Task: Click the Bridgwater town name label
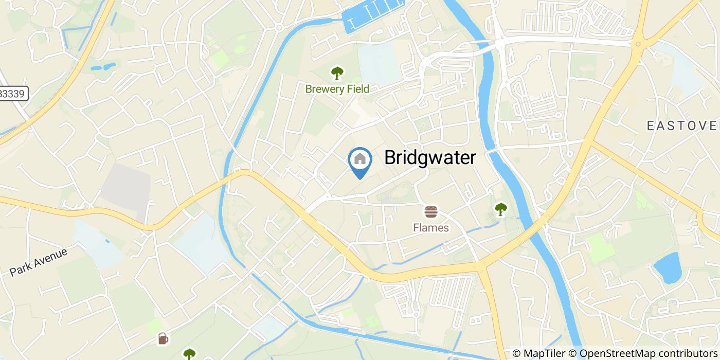430,158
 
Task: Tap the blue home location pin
360,160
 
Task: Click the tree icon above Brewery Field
337,73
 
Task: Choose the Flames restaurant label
431,227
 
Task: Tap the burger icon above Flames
430,211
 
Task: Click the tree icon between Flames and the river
500,208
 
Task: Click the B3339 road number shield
13,94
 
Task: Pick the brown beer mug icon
163,338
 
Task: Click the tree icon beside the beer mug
189,354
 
